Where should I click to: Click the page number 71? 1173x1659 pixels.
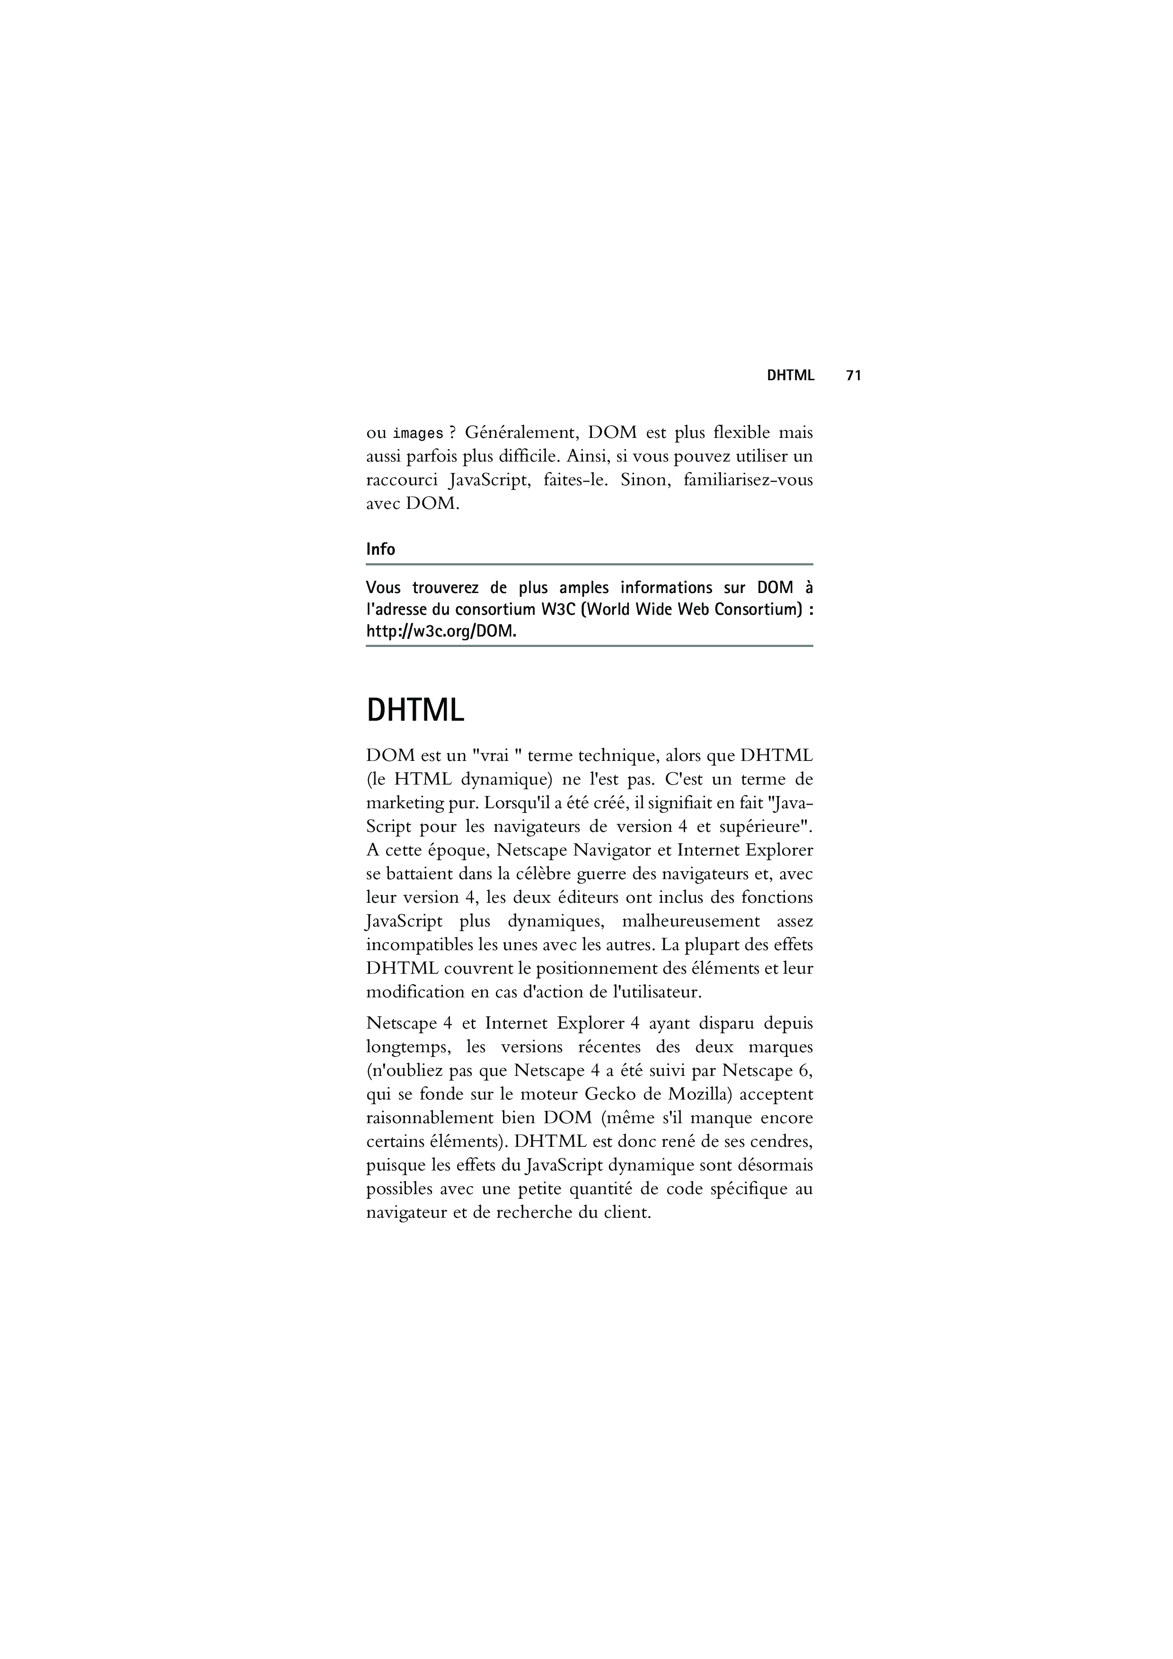(854, 375)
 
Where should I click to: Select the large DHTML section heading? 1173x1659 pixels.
(415, 710)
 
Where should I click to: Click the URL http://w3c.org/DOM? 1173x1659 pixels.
(441, 631)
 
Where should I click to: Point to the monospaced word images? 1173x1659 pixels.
(418, 434)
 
